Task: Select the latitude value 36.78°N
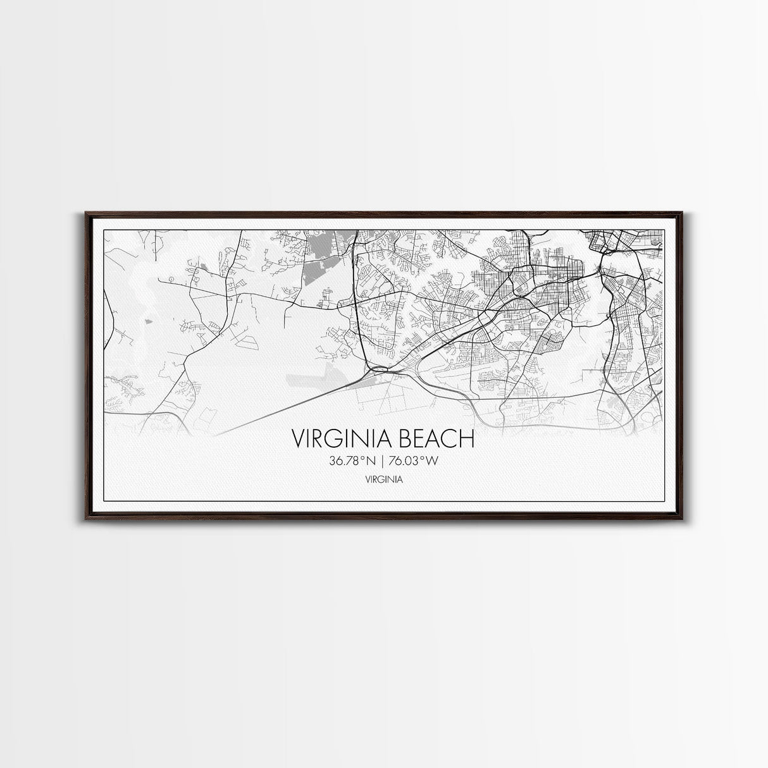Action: [x=352, y=461]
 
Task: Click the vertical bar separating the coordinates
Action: [x=384, y=461]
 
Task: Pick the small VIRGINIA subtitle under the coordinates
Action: [x=383, y=480]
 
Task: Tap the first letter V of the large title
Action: [x=298, y=438]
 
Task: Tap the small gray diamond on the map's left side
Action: [x=147, y=322]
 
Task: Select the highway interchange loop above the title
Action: [x=380, y=369]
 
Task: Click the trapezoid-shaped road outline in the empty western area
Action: [x=251, y=341]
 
